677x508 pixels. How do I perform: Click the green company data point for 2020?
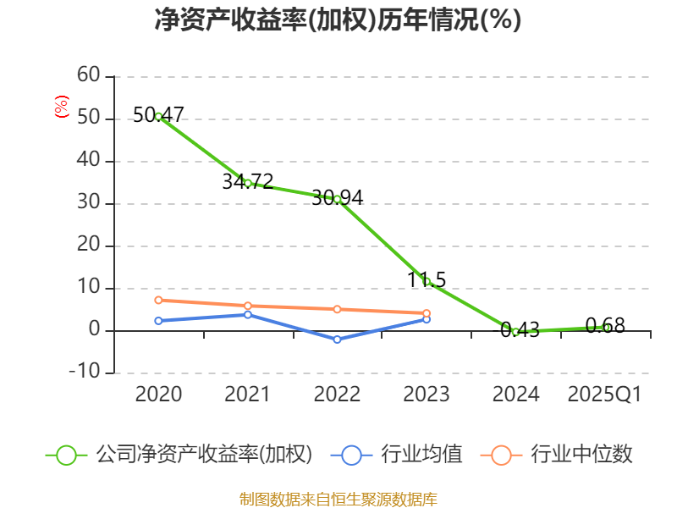158,116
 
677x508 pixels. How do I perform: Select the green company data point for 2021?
248,182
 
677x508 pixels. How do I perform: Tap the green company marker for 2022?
337,199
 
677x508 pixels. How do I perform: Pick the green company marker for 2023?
427,281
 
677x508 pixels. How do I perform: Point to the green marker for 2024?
515,332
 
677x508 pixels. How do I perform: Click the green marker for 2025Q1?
605,327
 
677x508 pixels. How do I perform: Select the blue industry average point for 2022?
337,340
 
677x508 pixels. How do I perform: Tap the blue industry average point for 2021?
248,314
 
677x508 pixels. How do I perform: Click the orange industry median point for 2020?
158,300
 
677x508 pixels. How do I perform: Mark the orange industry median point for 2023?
427,313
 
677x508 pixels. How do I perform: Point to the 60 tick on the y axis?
88,76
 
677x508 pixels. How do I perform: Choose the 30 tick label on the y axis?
88,203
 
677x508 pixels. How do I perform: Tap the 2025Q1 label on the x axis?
604,395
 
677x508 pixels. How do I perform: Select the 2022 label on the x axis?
337,395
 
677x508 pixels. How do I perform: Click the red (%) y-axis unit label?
61,107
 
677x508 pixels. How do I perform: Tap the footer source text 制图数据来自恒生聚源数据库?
338,499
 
